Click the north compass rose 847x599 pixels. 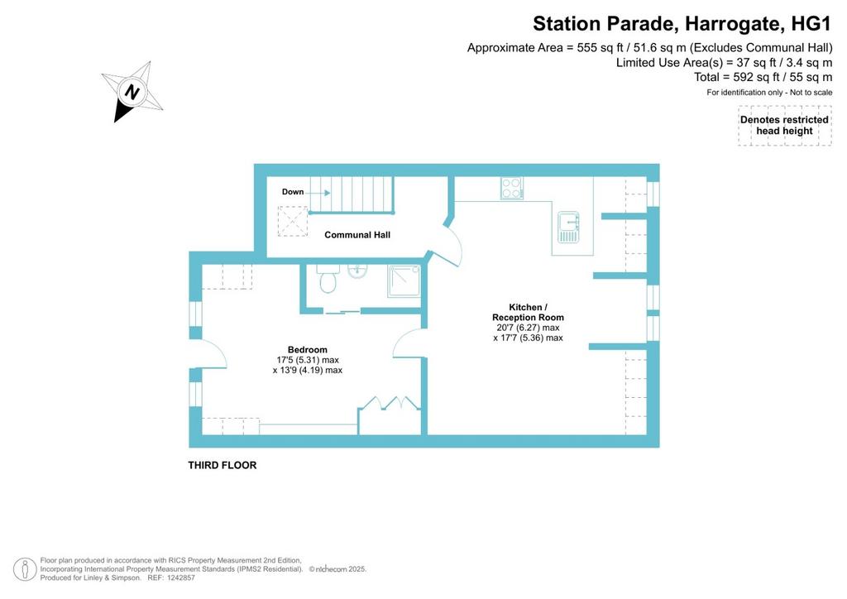[x=132, y=92]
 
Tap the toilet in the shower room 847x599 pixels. [x=328, y=278]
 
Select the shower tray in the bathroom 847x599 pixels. [x=404, y=280]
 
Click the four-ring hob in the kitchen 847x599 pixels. [x=511, y=188]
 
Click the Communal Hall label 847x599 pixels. [x=357, y=235]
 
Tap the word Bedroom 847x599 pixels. [x=308, y=349]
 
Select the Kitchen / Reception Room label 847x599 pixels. [x=528, y=312]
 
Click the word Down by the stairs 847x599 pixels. [x=293, y=192]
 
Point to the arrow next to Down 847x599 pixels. [x=318, y=192]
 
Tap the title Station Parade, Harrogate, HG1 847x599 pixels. [x=682, y=24]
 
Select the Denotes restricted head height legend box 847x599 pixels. [x=784, y=125]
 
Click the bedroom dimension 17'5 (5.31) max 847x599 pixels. [x=308, y=360]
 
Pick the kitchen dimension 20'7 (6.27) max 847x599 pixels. [x=529, y=328]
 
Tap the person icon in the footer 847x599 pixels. [x=25, y=569]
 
